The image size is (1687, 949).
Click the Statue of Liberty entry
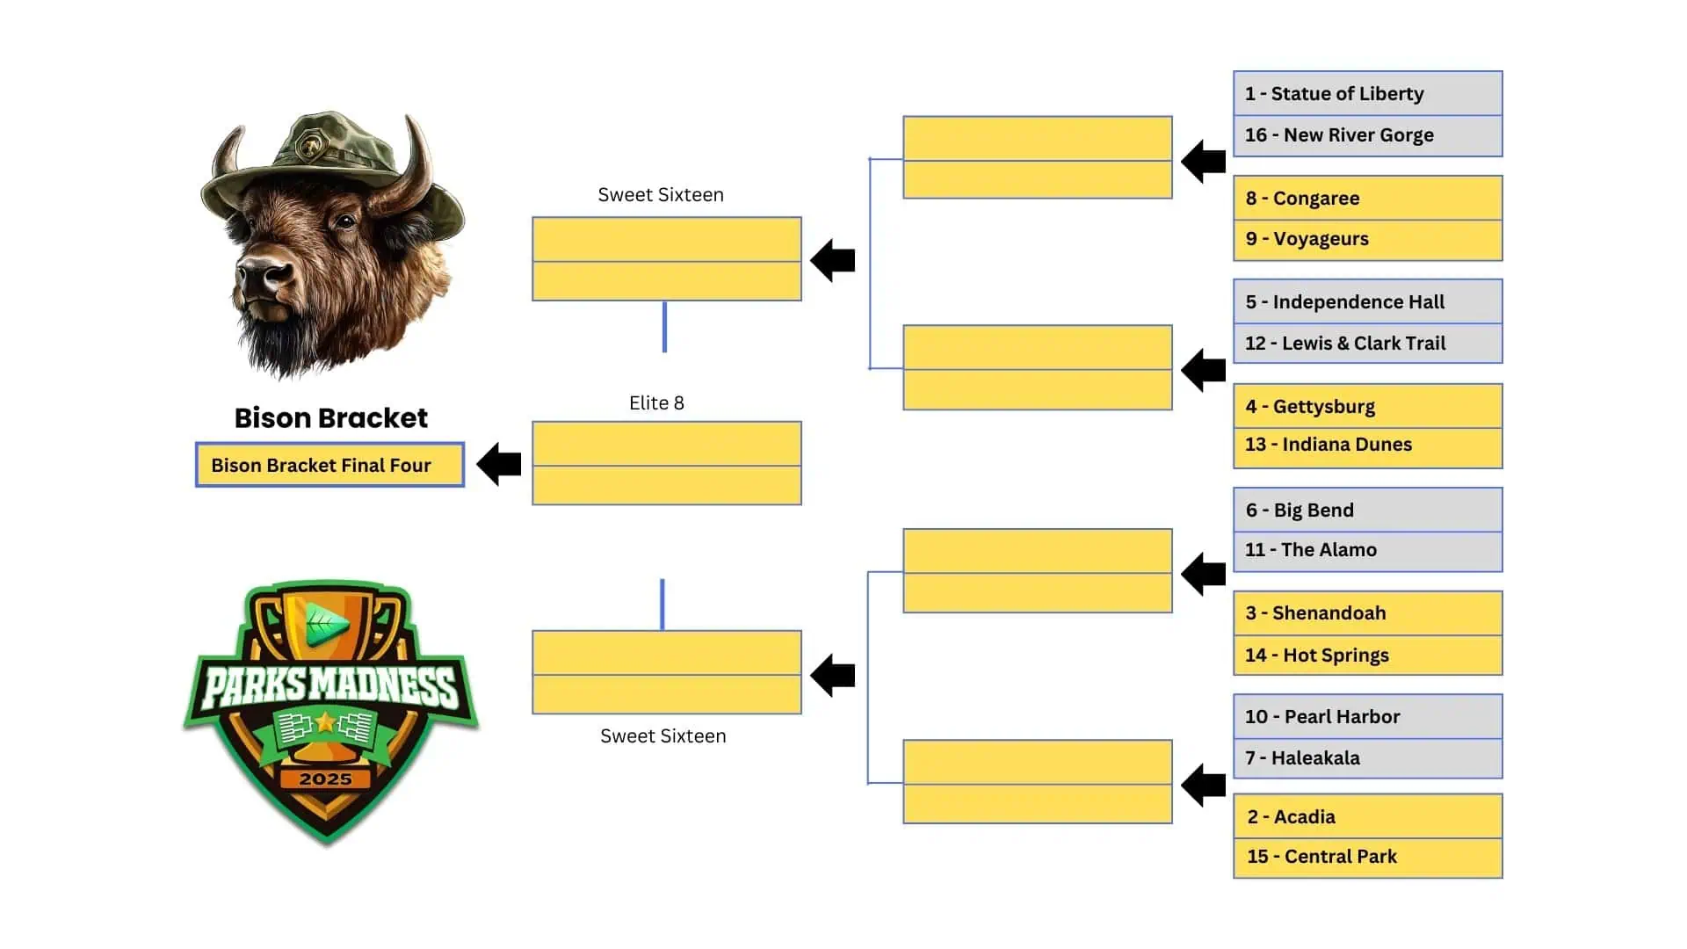coord(1367,94)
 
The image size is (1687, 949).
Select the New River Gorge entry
coord(1367,135)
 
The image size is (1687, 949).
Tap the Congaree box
coord(1367,199)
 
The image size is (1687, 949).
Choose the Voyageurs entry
coord(1367,239)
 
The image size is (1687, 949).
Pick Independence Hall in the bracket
coord(1367,302)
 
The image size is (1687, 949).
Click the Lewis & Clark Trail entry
coord(1367,344)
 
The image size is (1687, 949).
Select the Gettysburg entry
coord(1367,407)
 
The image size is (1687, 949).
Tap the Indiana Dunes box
coord(1367,446)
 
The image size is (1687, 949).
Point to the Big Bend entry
coord(1367,511)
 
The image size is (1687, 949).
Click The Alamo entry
coord(1367,550)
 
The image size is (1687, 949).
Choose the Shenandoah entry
coord(1367,613)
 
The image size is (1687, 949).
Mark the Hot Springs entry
coord(1367,656)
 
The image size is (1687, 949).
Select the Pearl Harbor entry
coord(1367,717)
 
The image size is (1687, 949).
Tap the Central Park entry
coord(1367,857)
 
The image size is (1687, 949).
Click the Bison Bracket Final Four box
coord(329,465)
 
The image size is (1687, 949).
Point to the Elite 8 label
coord(656,403)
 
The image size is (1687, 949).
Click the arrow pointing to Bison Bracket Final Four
coord(499,464)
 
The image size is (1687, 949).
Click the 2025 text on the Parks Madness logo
coord(325,779)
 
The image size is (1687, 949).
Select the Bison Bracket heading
coord(331,418)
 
